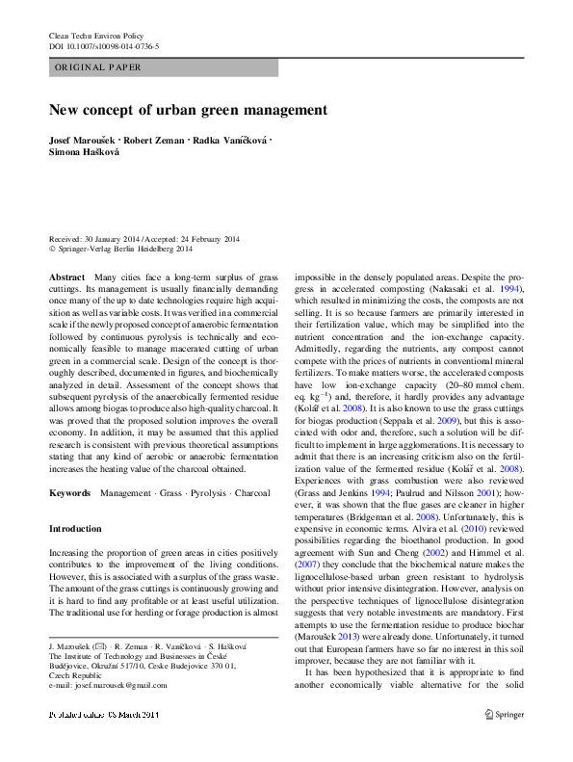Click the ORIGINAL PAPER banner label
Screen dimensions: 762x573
click(98, 67)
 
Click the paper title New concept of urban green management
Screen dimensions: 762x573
click(189, 110)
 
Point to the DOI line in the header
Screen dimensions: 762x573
click(104, 45)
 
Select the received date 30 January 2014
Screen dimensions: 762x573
click(111, 239)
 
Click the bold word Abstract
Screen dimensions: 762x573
click(66, 276)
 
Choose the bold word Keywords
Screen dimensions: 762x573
click(70, 492)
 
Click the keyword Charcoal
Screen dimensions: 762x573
click(253, 492)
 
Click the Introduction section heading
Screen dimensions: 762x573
click(75, 529)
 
